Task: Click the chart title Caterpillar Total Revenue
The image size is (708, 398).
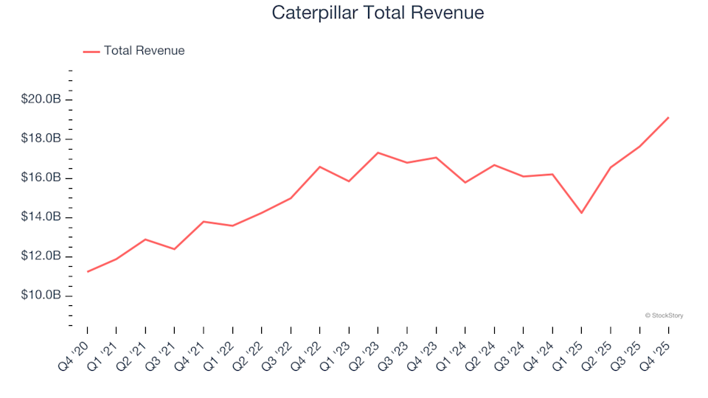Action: coord(378,13)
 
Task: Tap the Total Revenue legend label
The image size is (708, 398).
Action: coord(144,51)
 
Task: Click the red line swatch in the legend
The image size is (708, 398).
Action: coord(91,51)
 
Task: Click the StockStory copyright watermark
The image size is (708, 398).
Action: coord(664,315)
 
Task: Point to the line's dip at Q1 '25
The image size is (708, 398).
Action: coord(581,213)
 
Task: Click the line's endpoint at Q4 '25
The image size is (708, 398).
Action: coord(668,117)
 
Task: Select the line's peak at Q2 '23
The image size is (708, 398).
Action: coord(378,153)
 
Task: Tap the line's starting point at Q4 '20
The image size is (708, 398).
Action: coord(88,271)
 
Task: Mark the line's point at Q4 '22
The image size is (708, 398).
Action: coord(319,167)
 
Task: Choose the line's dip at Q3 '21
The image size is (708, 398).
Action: coord(174,249)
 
